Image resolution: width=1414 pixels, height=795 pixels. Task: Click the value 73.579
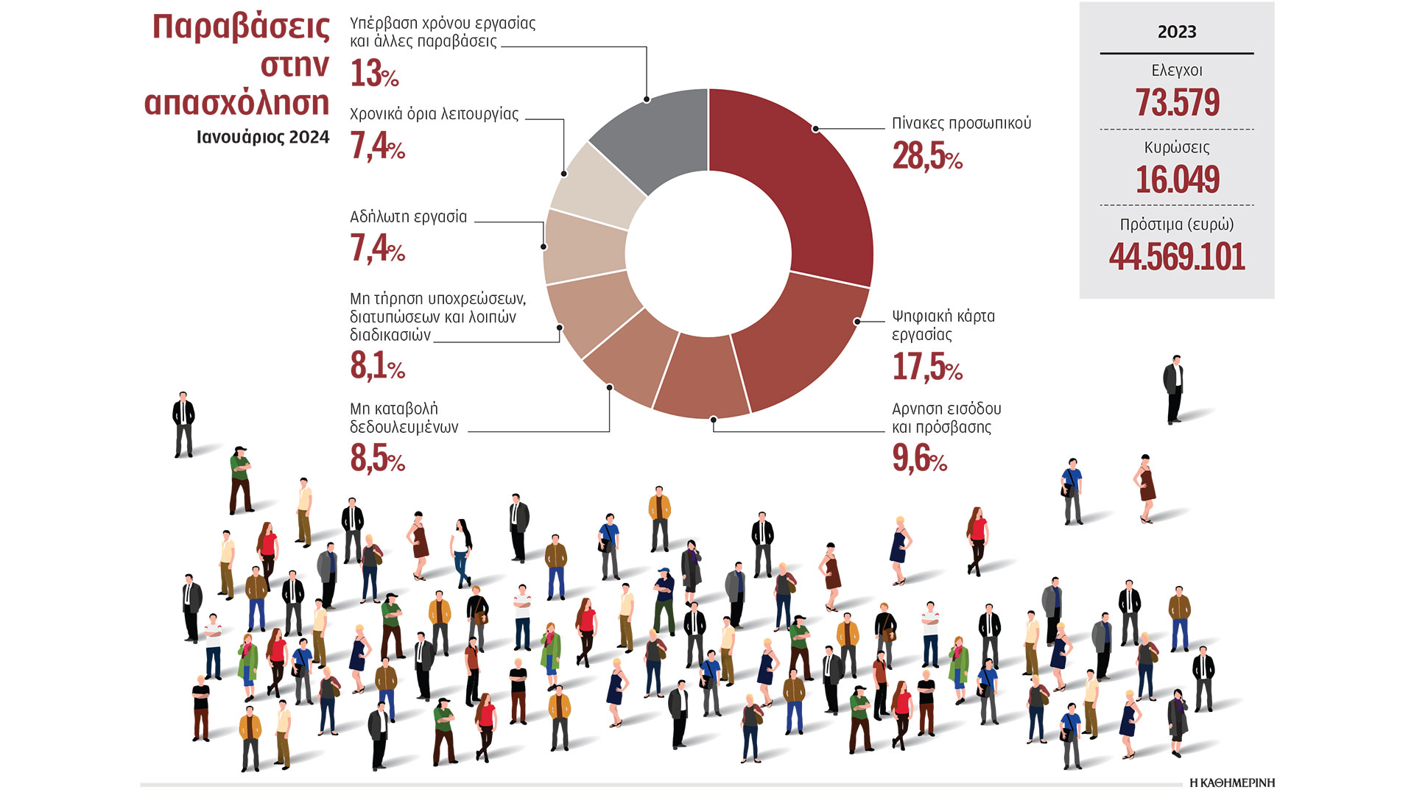point(1177,102)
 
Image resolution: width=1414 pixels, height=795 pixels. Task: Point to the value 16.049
point(1177,180)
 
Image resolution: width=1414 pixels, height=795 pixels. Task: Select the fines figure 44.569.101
point(1177,257)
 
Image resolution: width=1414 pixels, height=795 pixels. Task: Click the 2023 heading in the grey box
point(1177,32)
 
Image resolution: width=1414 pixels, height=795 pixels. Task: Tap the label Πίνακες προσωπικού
point(961,124)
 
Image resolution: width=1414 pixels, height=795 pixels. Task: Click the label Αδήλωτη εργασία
point(408,217)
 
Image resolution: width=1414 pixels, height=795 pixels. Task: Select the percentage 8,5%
point(377,459)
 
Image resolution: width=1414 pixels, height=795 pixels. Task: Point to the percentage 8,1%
point(377,366)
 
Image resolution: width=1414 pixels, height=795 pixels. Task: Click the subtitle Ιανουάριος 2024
point(263,138)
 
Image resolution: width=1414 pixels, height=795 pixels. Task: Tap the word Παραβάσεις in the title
point(241,27)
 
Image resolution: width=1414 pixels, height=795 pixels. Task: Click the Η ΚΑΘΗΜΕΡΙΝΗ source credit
point(1231,782)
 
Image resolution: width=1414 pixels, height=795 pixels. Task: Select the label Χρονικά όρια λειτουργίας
point(434,114)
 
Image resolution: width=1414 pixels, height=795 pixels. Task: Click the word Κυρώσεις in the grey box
point(1177,147)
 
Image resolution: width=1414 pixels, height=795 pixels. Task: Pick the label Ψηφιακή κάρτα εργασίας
point(943,325)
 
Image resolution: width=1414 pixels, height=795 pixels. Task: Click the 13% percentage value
point(374,74)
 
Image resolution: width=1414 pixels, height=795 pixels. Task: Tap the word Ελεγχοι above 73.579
point(1177,71)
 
